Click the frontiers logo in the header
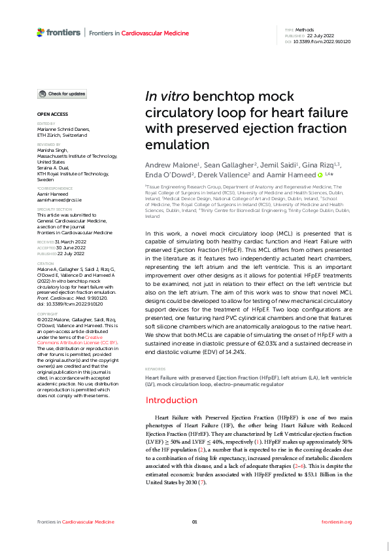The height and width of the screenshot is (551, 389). tap(59, 31)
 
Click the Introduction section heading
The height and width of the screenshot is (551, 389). tap(171, 400)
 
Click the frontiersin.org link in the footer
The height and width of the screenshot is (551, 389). tap(337, 522)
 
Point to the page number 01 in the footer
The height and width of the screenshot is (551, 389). tap(194, 522)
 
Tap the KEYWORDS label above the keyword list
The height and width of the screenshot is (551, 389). tap(154, 369)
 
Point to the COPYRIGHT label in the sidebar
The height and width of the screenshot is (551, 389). tap(48, 313)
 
